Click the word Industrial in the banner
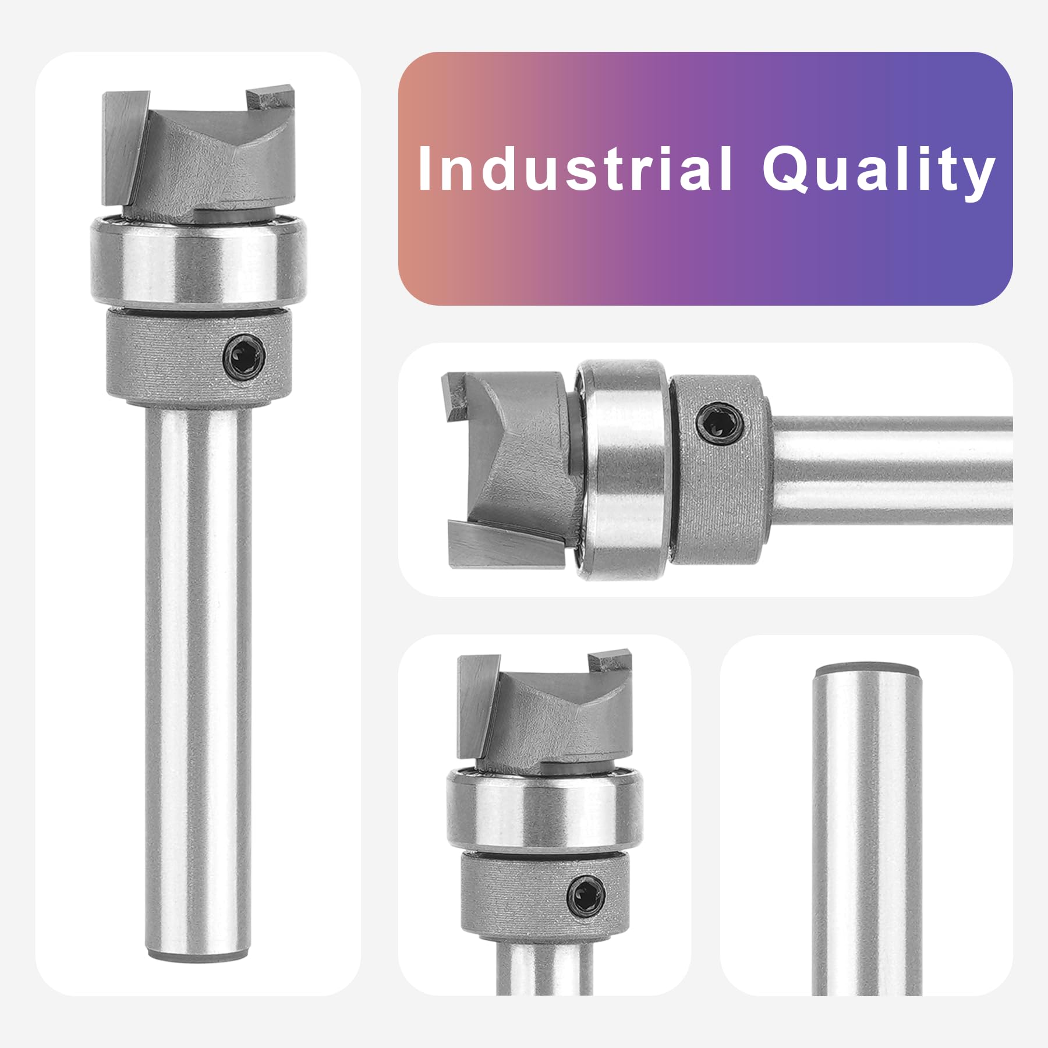[x=575, y=168]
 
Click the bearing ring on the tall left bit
[x=198, y=260]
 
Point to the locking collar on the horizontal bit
[x=720, y=469]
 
